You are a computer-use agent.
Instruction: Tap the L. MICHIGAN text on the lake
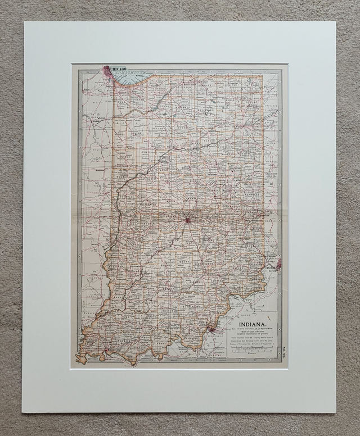tap(133, 74)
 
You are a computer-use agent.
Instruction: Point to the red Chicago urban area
tap(107, 71)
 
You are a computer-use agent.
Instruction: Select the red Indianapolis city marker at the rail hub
tap(187, 220)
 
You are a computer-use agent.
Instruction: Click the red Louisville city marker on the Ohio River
tap(211, 328)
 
